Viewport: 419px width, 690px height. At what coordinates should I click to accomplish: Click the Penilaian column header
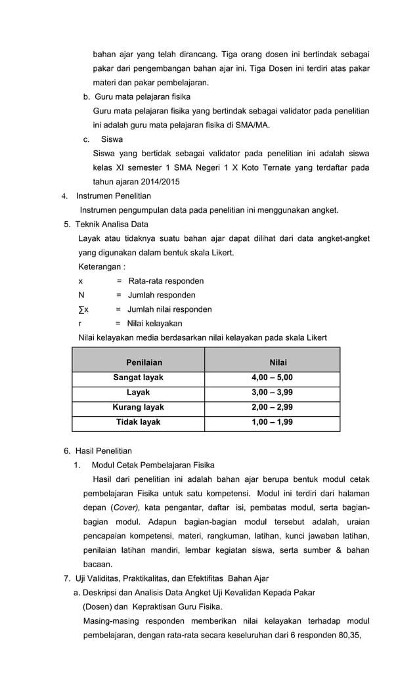click(144, 362)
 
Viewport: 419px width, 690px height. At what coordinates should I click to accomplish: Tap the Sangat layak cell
click(138, 377)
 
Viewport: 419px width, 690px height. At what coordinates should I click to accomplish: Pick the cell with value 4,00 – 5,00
click(272, 377)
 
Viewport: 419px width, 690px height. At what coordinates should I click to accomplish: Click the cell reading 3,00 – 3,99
click(272, 392)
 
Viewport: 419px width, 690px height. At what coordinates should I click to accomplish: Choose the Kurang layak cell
click(138, 407)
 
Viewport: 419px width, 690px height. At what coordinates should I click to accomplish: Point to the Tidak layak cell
click(138, 422)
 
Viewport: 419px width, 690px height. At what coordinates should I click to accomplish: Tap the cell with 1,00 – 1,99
click(272, 422)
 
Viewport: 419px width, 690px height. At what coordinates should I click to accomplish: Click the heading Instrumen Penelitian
click(113, 196)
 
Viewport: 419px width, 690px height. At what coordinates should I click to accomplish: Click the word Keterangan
click(102, 267)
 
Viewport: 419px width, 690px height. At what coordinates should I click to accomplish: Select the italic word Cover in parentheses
click(125, 507)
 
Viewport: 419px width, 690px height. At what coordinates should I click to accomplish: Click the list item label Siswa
click(112, 139)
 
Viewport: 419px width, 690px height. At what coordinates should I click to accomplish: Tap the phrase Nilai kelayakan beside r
click(154, 323)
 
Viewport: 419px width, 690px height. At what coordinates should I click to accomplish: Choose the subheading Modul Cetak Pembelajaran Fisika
click(153, 465)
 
